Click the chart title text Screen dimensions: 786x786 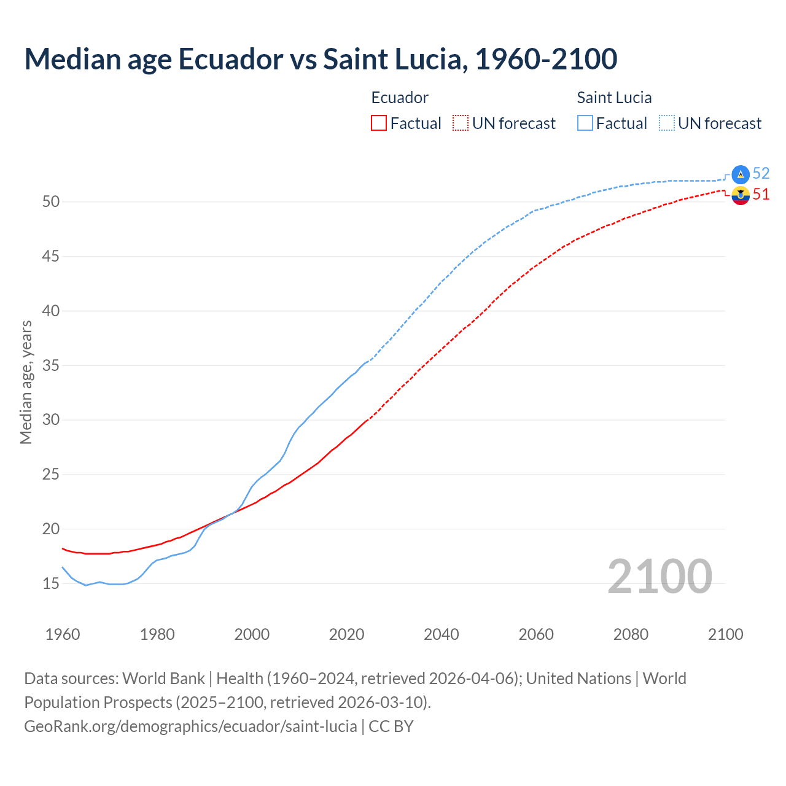(x=321, y=59)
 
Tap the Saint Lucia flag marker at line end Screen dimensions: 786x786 (x=741, y=174)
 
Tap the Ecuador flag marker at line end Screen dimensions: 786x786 (x=741, y=196)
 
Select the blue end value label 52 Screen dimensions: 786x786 (x=761, y=174)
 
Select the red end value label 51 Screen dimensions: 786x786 (x=761, y=195)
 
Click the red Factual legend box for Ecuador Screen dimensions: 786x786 (x=379, y=123)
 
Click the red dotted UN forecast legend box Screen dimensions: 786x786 (x=461, y=123)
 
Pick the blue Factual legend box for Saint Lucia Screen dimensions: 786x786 (x=585, y=123)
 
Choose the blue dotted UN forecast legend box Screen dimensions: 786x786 (x=666, y=123)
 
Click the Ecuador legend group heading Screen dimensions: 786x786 (x=400, y=98)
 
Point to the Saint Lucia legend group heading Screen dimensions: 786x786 (x=614, y=98)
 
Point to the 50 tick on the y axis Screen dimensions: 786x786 (x=50, y=202)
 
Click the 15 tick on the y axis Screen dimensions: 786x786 (x=50, y=583)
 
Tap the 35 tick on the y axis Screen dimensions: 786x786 (x=50, y=365)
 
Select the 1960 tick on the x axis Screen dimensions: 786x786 (x=63, y=634)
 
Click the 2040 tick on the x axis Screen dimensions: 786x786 (x=442, y=634)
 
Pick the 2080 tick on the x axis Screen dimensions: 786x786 (x=631, y=634)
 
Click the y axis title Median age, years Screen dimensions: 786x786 (x=26, y=382)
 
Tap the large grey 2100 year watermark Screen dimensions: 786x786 (x=660, y=577)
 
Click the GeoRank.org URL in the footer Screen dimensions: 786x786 (x=190, y=726)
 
